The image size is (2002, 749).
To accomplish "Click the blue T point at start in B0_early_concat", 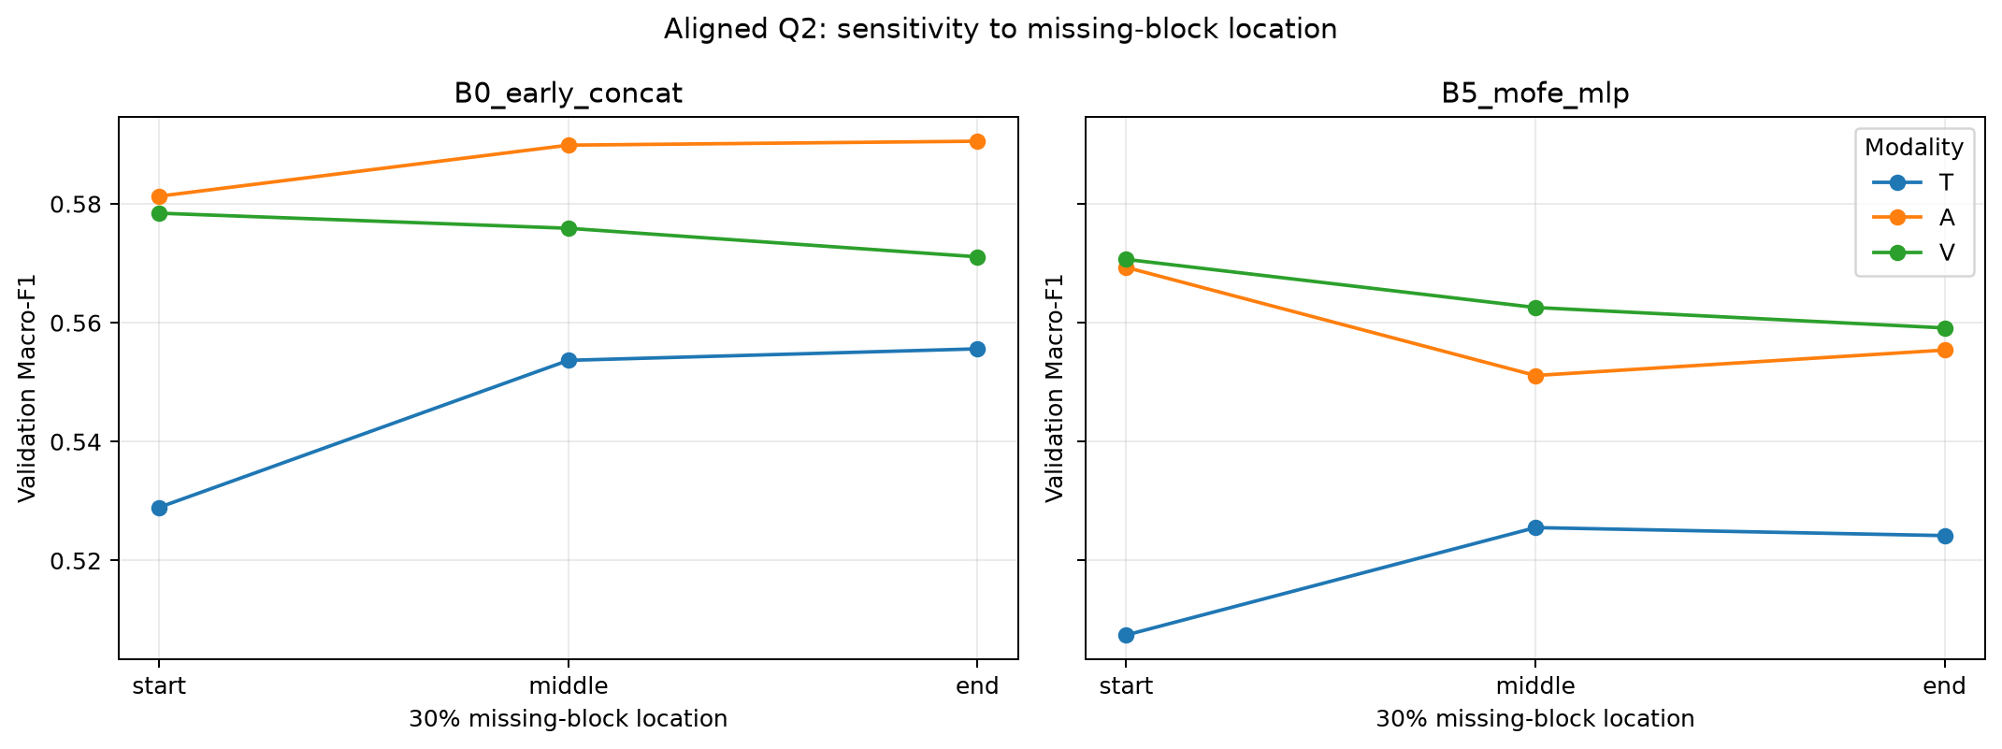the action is point(159,508).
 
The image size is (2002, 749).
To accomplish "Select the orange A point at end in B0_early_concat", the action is point(977,141).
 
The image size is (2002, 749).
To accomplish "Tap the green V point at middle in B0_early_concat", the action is point(569,228).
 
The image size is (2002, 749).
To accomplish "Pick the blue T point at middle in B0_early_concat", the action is point(569,360).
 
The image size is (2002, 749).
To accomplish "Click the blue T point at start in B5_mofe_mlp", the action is point(1126,635).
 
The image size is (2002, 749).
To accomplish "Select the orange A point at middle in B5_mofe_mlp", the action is point(1535,376).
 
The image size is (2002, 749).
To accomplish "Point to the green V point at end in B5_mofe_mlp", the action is point(1945,328).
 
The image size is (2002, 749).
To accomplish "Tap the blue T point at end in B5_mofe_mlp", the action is point(1945,536).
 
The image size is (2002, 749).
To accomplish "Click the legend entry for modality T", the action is point(1912,182).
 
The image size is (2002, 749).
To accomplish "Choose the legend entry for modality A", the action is point(1912,218).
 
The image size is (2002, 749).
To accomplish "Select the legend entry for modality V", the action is point(1912,252).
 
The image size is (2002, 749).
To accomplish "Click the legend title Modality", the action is point(1914,148).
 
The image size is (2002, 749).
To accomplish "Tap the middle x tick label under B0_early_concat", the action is point(569,686).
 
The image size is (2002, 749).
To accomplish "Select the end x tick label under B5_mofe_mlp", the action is point(1945,686).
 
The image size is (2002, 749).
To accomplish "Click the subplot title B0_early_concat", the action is point(569,94).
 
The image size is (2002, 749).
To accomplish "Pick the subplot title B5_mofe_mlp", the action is point(1535,94).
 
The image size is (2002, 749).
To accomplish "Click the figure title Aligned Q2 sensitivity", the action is point(1001,30).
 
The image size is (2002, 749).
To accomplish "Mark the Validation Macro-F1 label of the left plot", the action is point(28,388).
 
